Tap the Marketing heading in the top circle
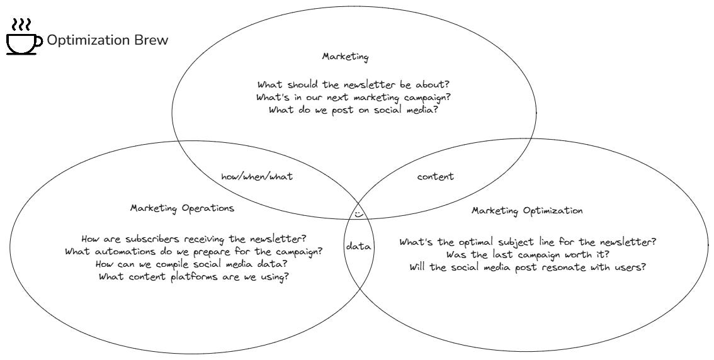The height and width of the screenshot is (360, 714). click(345, 57)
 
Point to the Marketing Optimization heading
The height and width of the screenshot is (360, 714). click(527, 211)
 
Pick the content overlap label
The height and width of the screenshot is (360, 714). click(435, 177)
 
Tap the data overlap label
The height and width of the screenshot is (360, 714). click(358, 247)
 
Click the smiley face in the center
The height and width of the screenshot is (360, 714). click(358, 214)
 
